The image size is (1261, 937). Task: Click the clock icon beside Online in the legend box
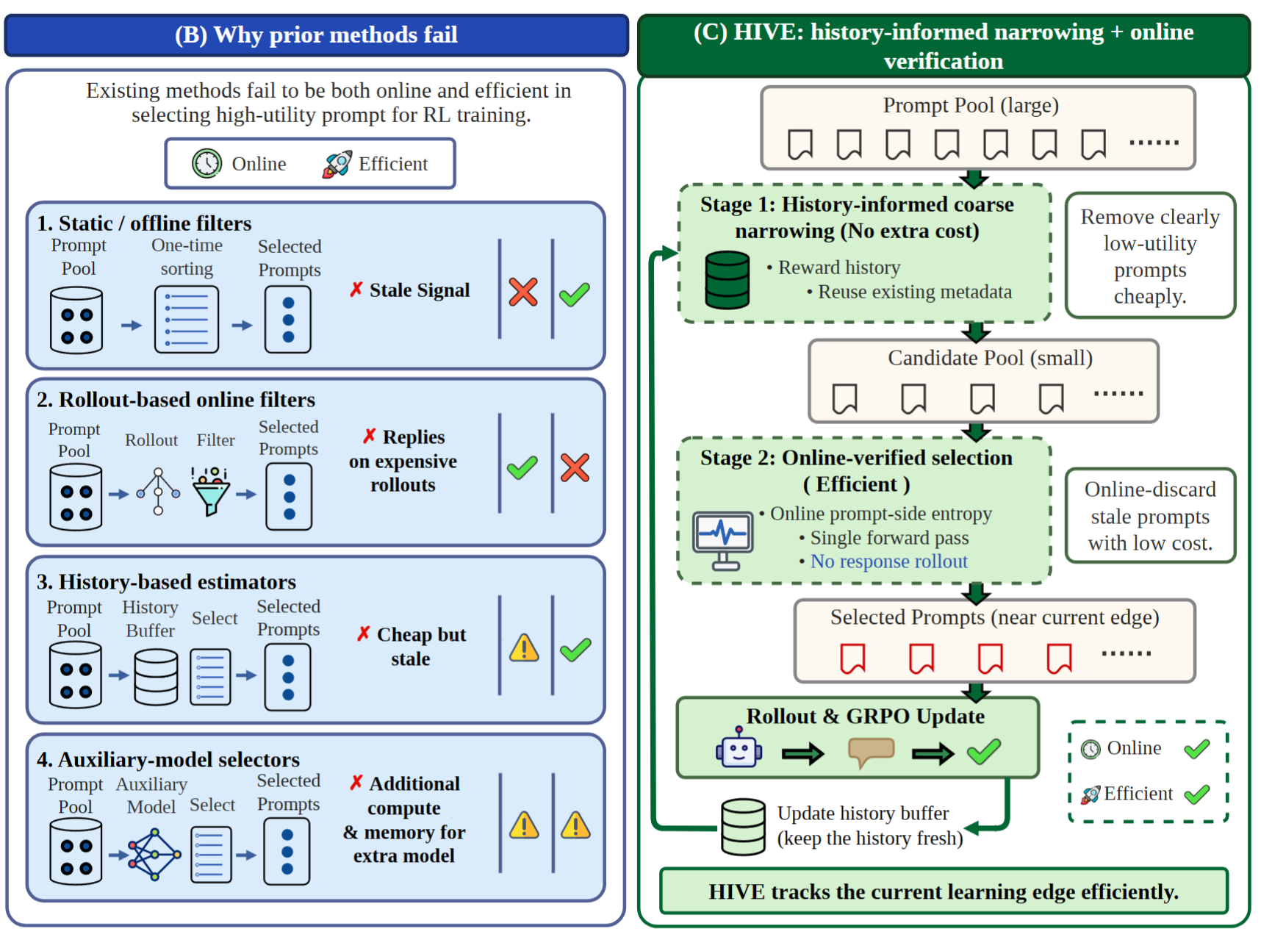tap(207, 163)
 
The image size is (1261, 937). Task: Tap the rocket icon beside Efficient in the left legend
tap(337, 164)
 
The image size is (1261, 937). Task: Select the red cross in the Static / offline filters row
tap(523, 292)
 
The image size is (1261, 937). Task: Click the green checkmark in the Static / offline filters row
tap(575, 294)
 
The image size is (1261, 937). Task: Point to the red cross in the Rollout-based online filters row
tap(575, 467)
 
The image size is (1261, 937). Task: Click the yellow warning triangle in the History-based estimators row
tap(524, 648)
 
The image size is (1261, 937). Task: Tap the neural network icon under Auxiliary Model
tap(154, 855)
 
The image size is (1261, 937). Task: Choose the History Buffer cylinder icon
tap(156, 677)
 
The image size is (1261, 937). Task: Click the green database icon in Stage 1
tap(727, 280)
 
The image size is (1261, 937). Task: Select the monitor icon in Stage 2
tap(724, 541)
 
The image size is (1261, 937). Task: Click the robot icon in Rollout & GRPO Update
tap(739, 748)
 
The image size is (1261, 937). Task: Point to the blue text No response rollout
tap(889, 561)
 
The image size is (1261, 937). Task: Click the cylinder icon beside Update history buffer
tap(743, 827)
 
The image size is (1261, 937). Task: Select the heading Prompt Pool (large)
tap(971, 105)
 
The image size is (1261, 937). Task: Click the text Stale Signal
tap(420, 290)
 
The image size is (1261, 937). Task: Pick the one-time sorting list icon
tap(187, 320)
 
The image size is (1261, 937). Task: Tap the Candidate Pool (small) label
tap(990, 358)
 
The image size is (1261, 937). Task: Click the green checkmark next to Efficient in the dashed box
tap(1197, 794)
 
